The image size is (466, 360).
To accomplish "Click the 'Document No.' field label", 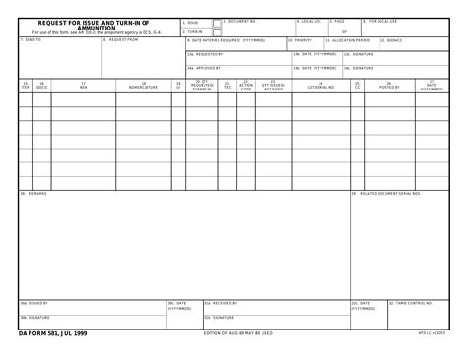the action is click(241, 20).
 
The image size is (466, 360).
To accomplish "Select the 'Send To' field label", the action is click(31, 40).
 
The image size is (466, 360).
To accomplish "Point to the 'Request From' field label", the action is click(122, 40).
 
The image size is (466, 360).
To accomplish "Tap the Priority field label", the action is click(301, 40).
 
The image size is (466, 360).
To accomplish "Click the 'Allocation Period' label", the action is click(348, 40).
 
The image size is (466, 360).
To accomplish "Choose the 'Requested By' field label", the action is click(205, 54).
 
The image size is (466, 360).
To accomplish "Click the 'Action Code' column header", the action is click(246, 87).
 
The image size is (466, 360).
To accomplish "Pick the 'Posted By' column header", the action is click(389, 87).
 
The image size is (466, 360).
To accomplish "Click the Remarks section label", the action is click(37, 193).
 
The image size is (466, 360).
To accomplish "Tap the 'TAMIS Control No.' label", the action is click(414, 303).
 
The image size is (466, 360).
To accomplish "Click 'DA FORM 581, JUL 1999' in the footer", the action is click(53, 334).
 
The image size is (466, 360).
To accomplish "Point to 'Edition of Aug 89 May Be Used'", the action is click(238, 334).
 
